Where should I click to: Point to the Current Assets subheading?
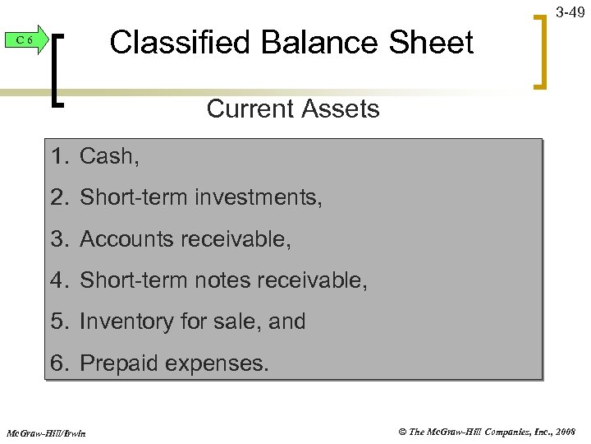[293, 109]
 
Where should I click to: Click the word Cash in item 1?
[107, 156]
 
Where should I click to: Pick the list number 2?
[57, 197]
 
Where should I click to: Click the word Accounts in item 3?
[126, 239]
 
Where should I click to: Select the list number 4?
[57, 280]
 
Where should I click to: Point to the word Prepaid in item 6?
[120, 363]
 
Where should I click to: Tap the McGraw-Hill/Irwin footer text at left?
[46, 432]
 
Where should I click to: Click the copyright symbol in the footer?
[402, 431]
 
